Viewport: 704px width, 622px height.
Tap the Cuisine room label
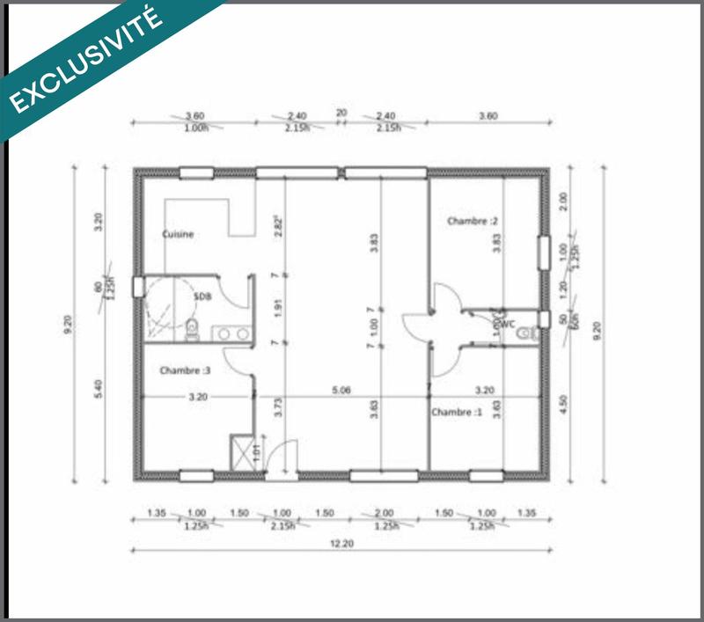click(x=178, y=235)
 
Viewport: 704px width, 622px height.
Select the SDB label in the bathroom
click(x=202, y=296)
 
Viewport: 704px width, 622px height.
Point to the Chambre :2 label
click(x=473, y=221)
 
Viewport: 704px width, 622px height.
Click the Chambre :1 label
click(x=457, y=412)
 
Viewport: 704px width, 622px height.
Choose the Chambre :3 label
click(x=185, y=371)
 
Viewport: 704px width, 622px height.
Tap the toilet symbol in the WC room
click(x=527, y=333)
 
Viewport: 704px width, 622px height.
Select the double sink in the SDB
click(x=232, y=333)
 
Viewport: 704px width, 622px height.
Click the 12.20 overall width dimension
click(x=341, y=545)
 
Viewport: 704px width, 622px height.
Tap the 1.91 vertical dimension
click(x=278, y=309)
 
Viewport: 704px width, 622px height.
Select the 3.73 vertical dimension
click(x=278, y=406)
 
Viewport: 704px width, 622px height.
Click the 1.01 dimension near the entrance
click(x=256, y=454)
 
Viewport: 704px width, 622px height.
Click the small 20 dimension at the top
click(x=341, y=113)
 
